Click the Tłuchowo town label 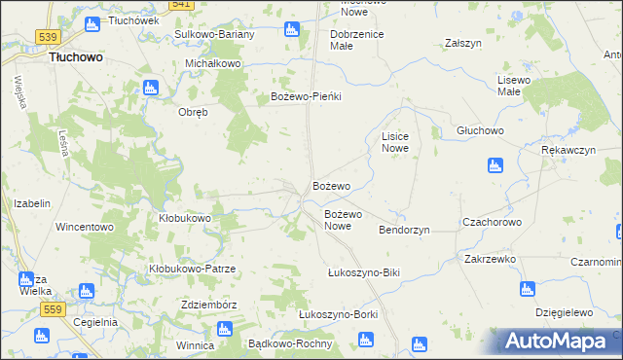pyautogui.click(x=76, y=57)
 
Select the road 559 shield pyautogui.click(x=54, y=308)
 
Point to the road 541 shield pyautogui.click(x=180, y=5)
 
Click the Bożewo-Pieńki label pyautogui.click(x=309, y=97)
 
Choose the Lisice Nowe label pyautogui.click(x=394, y=143)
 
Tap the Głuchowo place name pyautogui.click(x=479, y=130)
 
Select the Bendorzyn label pyautogui.click(x=404, y=230)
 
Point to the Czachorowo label pyautogui.click(x=493, y=222)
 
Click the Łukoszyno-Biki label pyautogui.click(x=364, y=273)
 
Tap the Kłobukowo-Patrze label pyautogui.click(x=193, y=268)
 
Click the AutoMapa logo pyautogui.click(x=557, y=342)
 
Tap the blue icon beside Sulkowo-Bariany pyautogui.click(x=290, y=30)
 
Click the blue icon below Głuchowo pyautogui.click(x=495, y=165)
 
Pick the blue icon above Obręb pyautogui.click(x=150, y=90)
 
